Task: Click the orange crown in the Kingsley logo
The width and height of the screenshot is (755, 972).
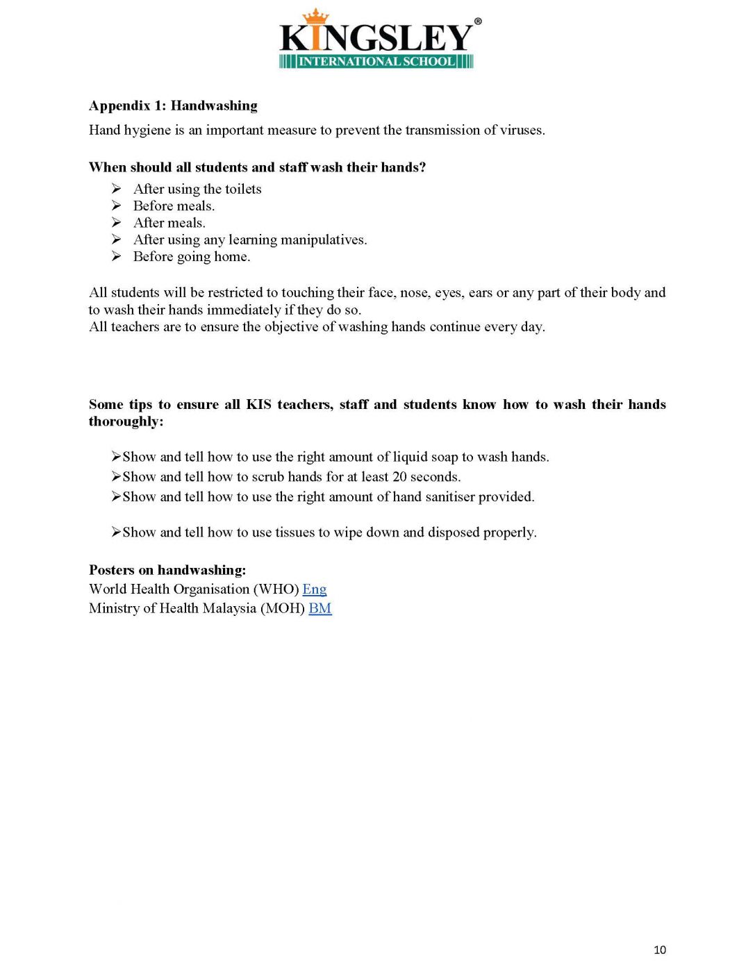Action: (x=315, y=17)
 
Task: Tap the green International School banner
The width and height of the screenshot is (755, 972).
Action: (x=376, y=61)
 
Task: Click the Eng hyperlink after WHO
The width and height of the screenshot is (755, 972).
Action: (x=314, y=589)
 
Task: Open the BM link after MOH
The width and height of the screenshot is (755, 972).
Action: (x=320, y=609)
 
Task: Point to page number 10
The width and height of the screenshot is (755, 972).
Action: (x=659, y=950)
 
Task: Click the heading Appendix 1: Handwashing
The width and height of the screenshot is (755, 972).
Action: (x=173, y=106)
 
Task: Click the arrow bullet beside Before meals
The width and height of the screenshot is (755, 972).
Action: (x=117, y=206)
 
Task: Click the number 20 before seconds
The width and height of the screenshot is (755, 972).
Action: (x=399, y=477)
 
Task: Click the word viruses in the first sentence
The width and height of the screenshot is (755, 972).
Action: (x=522, y=131)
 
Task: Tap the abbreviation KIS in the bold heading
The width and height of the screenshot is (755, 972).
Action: (x=258, y=405)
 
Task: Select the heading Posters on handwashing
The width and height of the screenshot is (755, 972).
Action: (x=167, y=570)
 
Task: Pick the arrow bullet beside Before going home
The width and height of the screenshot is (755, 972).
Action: (x=117, y=257)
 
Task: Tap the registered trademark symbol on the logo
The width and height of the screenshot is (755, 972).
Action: (x=477, y=22)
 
